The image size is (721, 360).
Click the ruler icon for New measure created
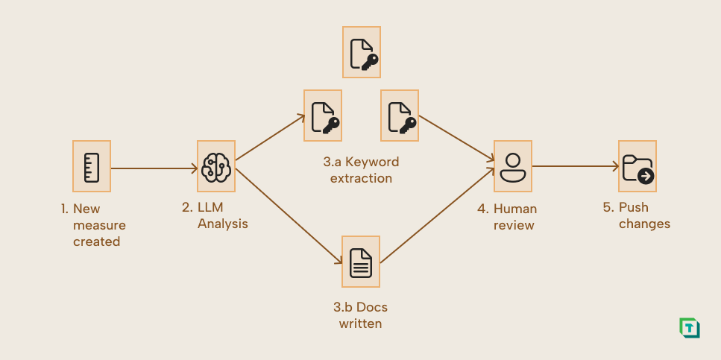pos(92,166)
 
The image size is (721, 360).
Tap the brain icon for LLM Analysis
pos(216,166)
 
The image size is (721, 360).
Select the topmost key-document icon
pos(362,52)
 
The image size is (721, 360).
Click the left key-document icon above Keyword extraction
pos(323,116)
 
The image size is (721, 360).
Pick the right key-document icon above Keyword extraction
pos(400,116)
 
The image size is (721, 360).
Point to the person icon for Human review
pos(512,166)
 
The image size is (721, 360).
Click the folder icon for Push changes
pos(637,166)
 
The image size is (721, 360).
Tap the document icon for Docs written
pos(361,261)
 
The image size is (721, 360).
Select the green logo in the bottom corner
pos(689,328)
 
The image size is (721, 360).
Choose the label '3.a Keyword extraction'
pos(361,170)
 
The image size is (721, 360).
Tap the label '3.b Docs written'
pos(361,315)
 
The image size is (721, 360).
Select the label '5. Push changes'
pos(636,215)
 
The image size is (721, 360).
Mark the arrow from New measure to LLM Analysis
pos(154,168)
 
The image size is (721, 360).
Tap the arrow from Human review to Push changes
pos(574,167)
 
